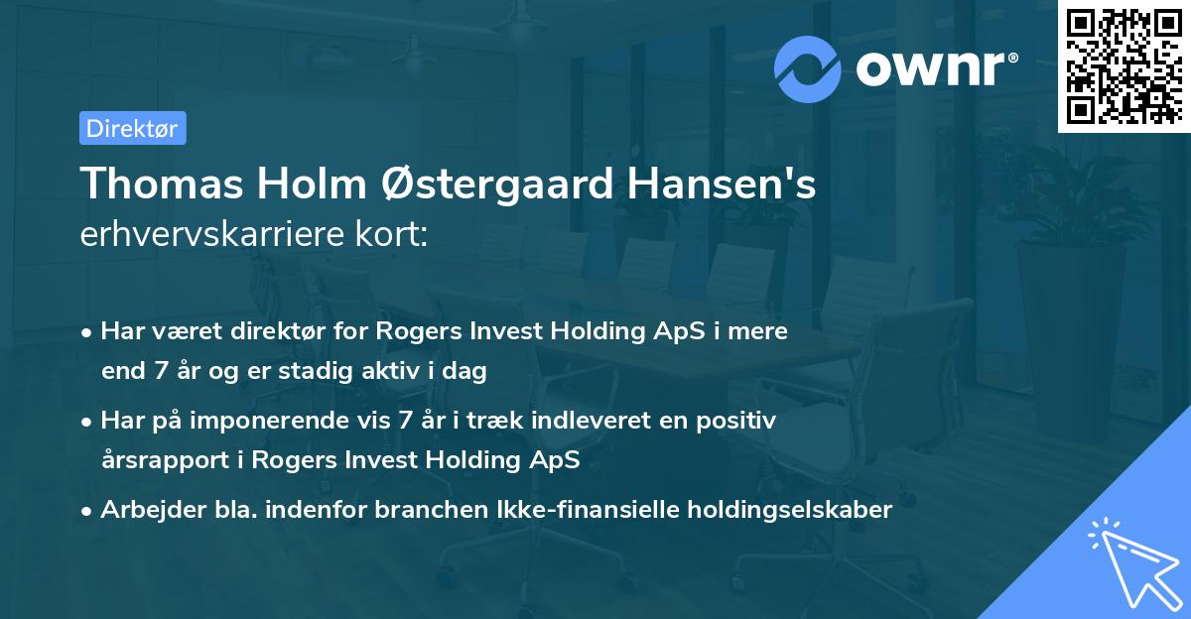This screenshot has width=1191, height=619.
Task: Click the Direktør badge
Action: [132, 128]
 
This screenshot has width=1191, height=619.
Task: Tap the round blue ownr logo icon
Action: [808, 68]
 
